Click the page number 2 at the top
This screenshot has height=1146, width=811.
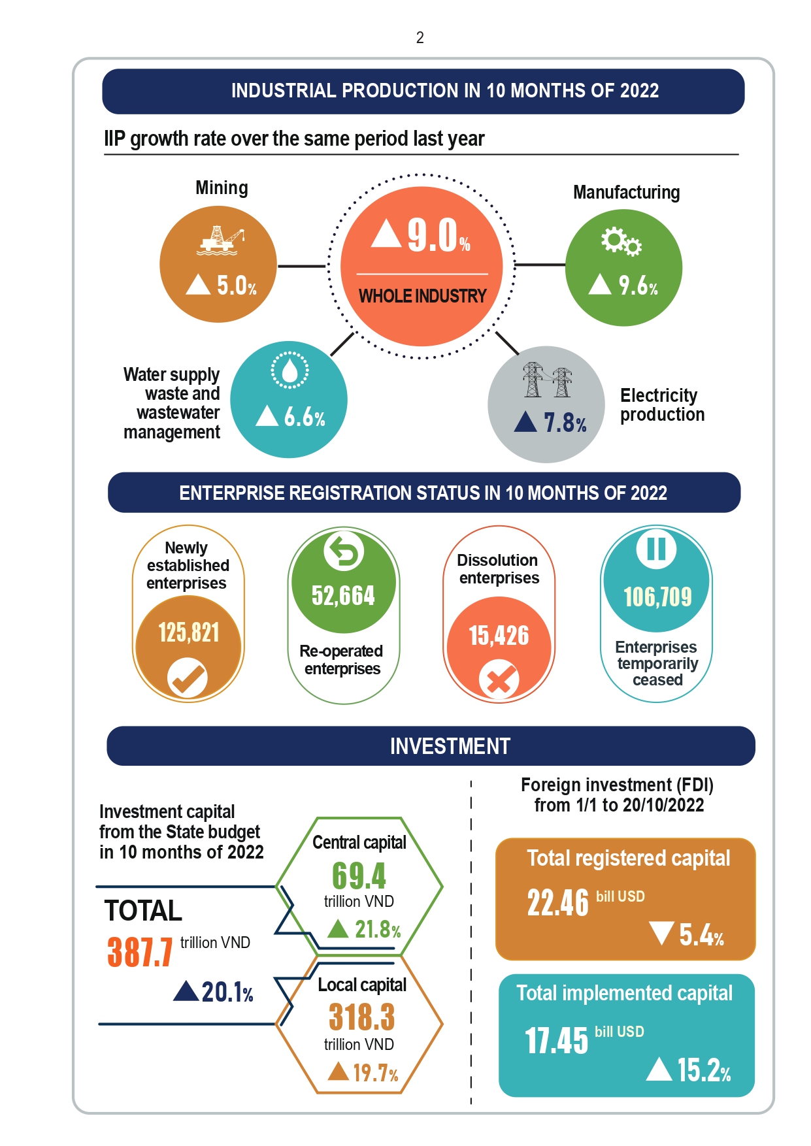[420, 38]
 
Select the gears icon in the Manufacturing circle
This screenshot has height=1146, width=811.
[621, 241]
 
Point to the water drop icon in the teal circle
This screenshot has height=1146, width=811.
[290, 370]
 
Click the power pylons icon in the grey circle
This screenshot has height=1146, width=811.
[547, 380]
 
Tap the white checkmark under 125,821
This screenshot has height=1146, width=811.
[188, 679]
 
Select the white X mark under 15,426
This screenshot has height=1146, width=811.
[499, 681]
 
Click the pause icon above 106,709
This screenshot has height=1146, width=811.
[657, 549]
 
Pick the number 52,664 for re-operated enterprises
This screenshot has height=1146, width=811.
[343, 595]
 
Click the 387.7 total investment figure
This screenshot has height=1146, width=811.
[140, 952]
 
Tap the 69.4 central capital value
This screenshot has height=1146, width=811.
[359, 876]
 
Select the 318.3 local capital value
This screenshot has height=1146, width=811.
[361, 1017]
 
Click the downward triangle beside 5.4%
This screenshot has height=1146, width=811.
[662, 933]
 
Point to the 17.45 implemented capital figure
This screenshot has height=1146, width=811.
[557, 1040]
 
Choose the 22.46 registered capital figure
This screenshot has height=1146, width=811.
[558, 903]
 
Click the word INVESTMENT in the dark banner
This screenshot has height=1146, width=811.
[450, 746]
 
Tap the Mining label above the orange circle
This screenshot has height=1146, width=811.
[222, 188]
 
